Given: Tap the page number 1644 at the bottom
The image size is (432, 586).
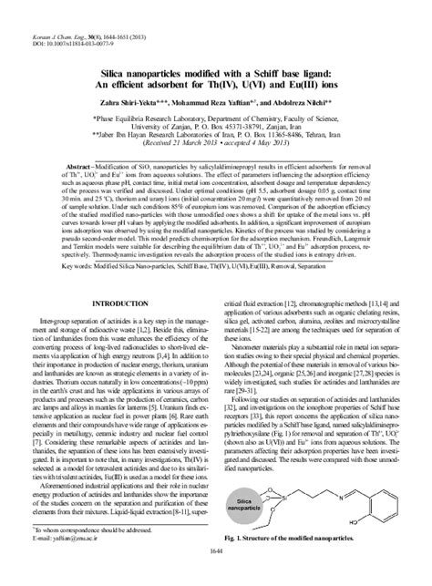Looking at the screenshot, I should point(216,577).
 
